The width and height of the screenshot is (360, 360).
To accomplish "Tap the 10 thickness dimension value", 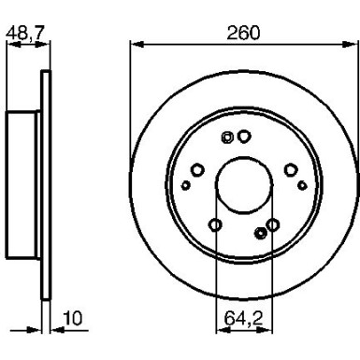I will [x=73, y=319].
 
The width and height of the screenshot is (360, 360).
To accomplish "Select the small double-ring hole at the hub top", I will [x=227, y=137].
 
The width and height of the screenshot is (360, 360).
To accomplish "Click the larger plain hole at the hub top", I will [x=244, y=137].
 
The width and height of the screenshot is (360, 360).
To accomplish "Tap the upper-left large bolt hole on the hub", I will [x=197, y=169].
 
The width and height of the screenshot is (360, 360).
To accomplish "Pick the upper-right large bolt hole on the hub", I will [x=291, y=169].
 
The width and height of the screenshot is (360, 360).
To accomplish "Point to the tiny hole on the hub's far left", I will [x=185, y=185].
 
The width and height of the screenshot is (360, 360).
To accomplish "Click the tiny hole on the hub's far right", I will [x=302, y=184].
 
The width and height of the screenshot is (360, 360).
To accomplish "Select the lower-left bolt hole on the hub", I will [x=215, y=224].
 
